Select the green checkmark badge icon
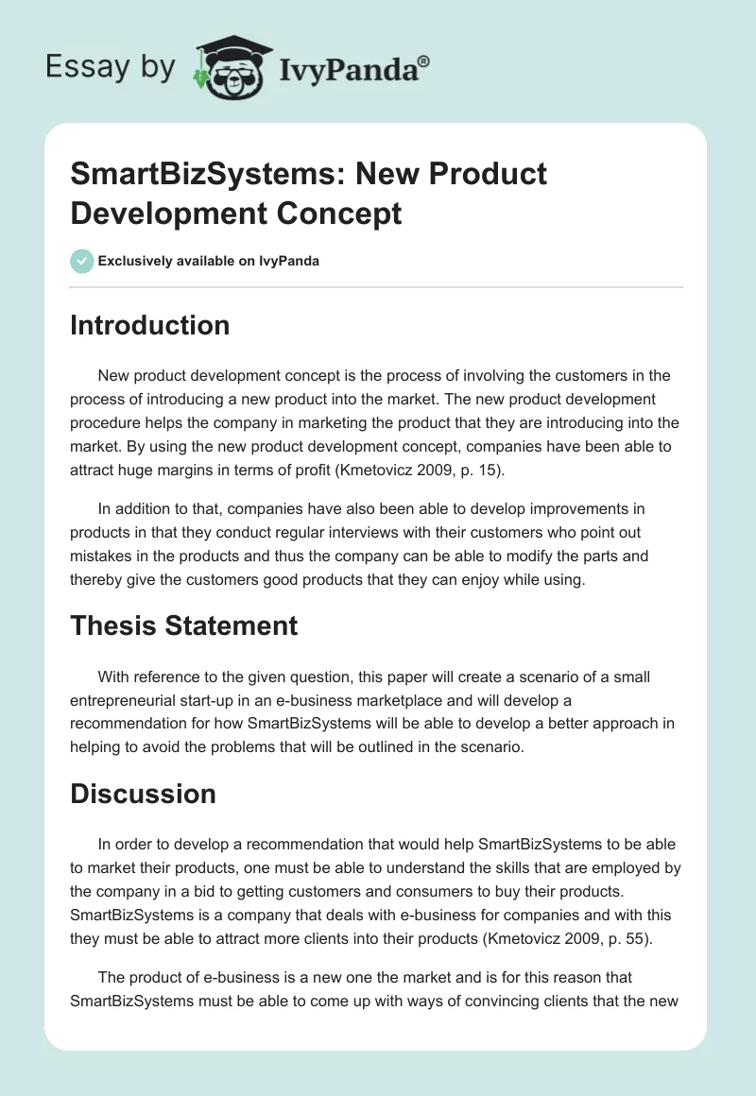[x=82, y=261]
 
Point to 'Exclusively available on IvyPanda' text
[x=209, y=261]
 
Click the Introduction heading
[x=150, y=325]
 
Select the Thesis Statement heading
[x=184, y=625]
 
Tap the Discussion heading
[x=143, y=794]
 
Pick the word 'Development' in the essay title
[x=157, y=213]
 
